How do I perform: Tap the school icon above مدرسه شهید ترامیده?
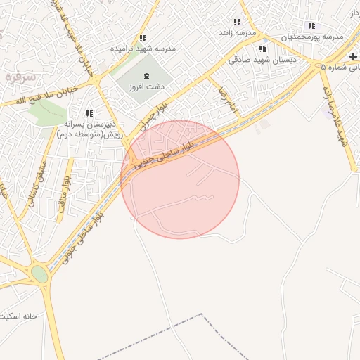pos(143,38)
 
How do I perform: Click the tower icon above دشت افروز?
pos(146,76)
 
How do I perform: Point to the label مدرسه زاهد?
pos(238,33)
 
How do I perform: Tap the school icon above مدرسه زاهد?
pos(238,22)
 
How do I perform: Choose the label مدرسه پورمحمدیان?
pos(313,36)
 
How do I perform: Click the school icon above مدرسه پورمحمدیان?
pos(311,25)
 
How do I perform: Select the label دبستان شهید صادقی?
pos(262,60)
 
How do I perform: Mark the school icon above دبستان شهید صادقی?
pos(262,49)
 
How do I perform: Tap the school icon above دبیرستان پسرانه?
pos(89,112)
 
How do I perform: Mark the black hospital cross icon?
pos(353,56)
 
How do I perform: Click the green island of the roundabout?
pos(40,274)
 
